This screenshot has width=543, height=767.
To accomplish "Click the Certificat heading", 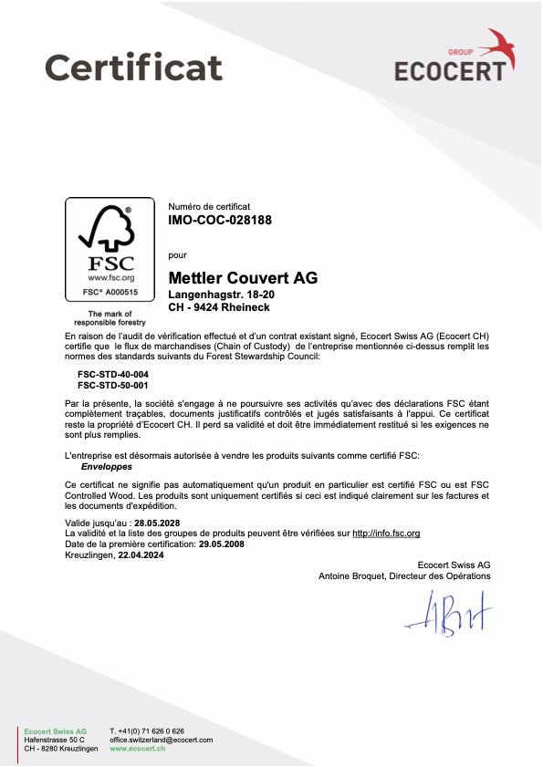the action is point(133,67).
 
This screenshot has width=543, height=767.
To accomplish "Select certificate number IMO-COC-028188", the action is point(221,221).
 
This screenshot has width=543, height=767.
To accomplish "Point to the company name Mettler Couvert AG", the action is point(244,277).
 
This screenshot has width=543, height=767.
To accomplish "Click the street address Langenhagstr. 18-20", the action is point(223,295).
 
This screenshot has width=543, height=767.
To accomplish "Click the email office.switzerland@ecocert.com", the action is point(161,740).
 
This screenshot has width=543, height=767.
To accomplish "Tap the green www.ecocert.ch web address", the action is point(137,748).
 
